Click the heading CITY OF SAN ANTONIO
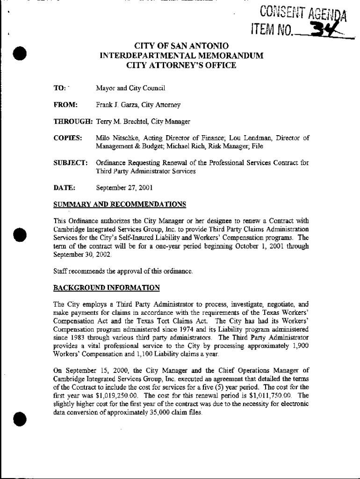click(181, 46)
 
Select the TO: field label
click(59, 88)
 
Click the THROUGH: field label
click(73, 122)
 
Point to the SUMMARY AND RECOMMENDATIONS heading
click(120, 204)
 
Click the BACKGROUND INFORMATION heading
click(107, 287)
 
